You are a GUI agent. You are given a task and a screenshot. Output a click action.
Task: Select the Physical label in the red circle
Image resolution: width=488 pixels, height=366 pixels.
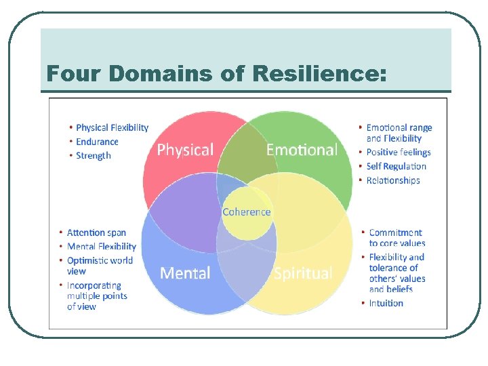pyautogui.click(x=185, y=150)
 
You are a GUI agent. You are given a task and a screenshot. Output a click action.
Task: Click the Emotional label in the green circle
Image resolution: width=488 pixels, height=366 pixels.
pyautogui.click(x=302, y=150)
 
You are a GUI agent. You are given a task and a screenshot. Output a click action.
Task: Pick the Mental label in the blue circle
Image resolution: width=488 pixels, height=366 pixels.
pyautogui.click(x=185, y=273)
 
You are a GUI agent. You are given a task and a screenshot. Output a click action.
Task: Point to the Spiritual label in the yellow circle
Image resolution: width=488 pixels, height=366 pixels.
pyautogui.click(x=302, y=273)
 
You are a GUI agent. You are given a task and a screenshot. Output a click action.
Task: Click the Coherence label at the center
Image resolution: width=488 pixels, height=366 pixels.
pyautogui.click(x=246, y=212)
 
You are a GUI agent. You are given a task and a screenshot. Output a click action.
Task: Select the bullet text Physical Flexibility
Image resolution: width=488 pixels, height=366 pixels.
pyautogui.click(x=112, y=127)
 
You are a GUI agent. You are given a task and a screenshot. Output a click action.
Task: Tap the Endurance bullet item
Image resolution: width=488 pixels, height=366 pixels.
pyautogui.click(x=97, y=142)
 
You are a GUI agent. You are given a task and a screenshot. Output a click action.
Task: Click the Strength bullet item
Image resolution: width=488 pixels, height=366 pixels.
pyautogui.click(x=94, y=156)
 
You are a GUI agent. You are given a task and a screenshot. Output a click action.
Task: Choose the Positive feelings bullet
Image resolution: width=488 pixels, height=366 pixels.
pyautogui.click(x=399, y=152)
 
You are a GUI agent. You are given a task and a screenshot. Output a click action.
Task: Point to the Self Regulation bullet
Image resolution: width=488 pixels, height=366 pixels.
pyautogui.click(x=396, y=167)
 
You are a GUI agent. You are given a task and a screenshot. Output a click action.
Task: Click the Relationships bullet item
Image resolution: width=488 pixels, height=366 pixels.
pyautogui.click(x=393, y=180)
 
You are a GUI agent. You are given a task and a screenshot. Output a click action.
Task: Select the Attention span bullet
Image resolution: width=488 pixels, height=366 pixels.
pyautogui.click(x=96, y=233)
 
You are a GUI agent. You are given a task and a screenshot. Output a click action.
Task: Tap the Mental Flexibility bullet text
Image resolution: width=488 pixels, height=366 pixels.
pyautogui.click(x=101, y=247)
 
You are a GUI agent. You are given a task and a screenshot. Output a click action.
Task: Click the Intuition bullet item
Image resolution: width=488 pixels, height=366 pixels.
pyautogui.click(x=386, y=303)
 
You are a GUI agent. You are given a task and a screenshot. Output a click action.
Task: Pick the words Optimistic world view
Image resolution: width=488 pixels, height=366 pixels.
pyautogui.click(x=100, y=266)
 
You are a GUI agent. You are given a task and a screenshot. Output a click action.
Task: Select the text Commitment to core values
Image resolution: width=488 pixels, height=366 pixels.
pyautogui.click(x=396, y=238)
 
